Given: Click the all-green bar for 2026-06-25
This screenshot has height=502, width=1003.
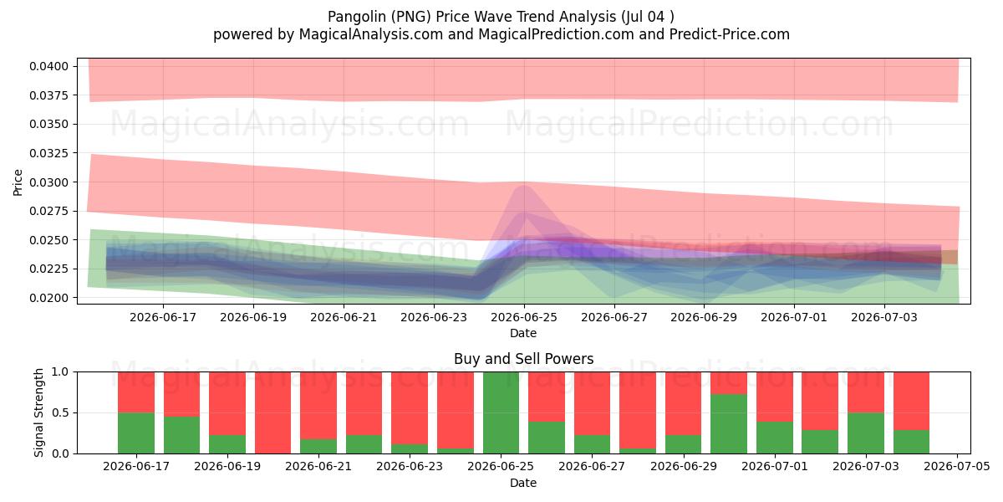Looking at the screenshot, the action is (x=501, y=412).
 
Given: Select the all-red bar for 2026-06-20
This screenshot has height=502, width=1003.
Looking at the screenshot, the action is (x=272, y=412).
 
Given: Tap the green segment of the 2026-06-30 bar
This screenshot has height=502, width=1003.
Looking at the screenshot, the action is (x=729, y=423).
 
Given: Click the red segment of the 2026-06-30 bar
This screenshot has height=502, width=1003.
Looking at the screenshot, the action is (x=729, y=383).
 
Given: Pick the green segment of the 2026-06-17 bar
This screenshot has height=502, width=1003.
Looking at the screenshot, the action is (x=136, y=433).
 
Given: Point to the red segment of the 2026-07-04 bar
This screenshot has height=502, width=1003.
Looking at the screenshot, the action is (x=911, y=401).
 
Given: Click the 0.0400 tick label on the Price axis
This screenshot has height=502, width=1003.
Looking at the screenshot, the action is (x=48, y=66).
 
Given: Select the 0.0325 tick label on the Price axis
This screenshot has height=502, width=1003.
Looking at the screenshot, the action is (x=48, y=153).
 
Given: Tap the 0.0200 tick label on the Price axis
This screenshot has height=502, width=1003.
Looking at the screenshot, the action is (x=48, y=298).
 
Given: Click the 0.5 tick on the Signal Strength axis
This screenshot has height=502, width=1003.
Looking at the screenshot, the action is (x=60, y=412).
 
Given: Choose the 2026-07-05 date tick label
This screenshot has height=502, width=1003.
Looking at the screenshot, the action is (x=957, y=467).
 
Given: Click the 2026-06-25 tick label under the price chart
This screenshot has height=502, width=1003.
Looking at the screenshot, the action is (x=524, y=317).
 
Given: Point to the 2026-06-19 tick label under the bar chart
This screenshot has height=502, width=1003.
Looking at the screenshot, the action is (x=227, y=467).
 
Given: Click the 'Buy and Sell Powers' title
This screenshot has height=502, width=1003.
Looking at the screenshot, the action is (x=523, y=359).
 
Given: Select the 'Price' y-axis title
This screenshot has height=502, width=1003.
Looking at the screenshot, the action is (x=18, y=182).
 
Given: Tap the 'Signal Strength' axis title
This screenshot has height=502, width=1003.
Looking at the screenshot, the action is (x=39, y=412).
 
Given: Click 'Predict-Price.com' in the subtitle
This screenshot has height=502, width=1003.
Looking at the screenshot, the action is (x=730, y=34).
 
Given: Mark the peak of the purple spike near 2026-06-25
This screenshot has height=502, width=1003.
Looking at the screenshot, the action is (x=524, y=185).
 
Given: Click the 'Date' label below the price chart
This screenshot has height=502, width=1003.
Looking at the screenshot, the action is (x=523, y=333).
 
